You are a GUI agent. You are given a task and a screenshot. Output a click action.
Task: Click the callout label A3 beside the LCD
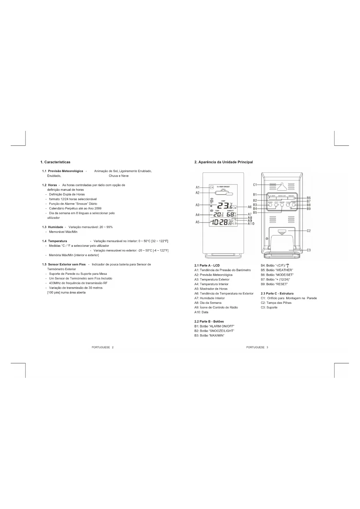click(197, 205)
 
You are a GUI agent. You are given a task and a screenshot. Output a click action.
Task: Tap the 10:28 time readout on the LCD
click(219, 223)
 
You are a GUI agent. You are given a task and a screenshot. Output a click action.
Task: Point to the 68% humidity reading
click(231, 214)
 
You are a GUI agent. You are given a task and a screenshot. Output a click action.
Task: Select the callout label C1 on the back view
click(255, 185)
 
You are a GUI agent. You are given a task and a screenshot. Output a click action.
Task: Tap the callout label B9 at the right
click(309, 209)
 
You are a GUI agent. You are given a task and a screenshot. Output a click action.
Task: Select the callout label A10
click(251, 223)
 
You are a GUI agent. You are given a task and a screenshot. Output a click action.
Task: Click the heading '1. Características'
click(55, 162)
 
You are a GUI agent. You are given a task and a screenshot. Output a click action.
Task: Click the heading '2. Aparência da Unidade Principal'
click(223, 162)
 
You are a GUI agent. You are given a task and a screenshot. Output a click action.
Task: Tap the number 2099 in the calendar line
click(98, 208)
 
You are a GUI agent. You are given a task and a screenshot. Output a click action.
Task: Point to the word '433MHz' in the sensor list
click(55, 283)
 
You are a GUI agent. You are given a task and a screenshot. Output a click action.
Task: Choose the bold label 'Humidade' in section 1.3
click(55, 227)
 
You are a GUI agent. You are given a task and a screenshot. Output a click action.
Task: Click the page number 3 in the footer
click(267, 347)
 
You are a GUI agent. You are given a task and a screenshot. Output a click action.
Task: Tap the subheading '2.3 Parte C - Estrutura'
click(277, 293)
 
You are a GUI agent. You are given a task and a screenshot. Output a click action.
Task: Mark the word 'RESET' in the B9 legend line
click(281, 284)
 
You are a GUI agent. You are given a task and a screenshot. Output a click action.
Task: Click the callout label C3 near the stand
click(309, 250)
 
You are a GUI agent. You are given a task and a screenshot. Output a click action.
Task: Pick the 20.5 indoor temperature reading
click(218, 214)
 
